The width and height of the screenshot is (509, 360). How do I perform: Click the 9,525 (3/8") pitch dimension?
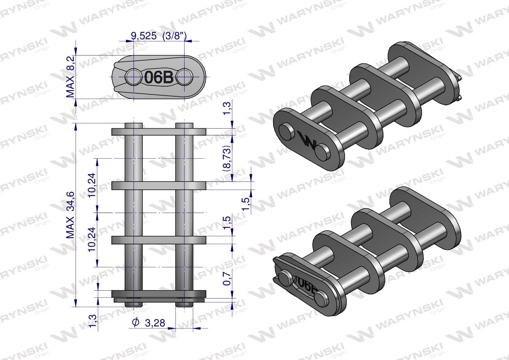coord(158,36)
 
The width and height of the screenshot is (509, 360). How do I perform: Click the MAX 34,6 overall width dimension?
coord(71,215)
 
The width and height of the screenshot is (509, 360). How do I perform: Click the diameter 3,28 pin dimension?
coord(149,322)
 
